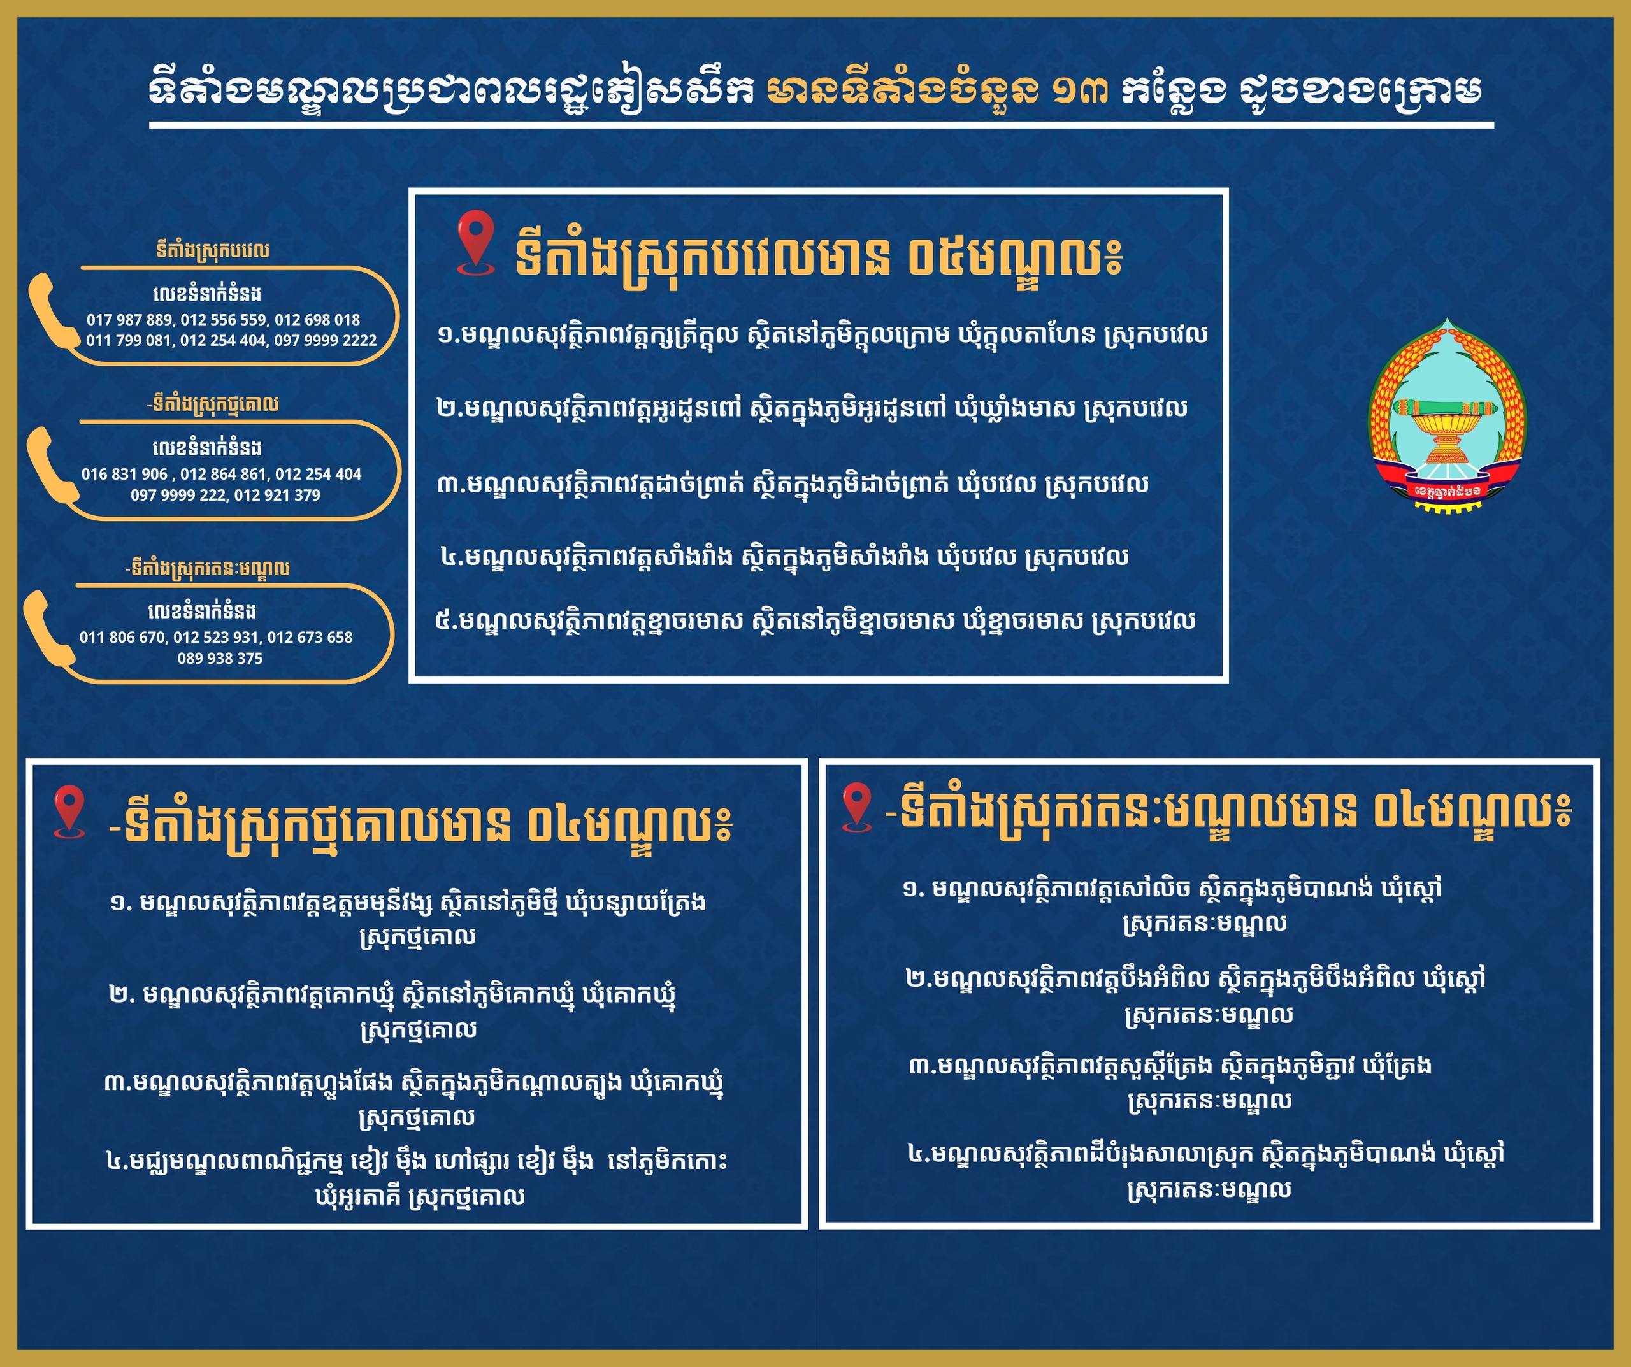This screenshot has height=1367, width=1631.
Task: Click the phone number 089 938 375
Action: (220, 658)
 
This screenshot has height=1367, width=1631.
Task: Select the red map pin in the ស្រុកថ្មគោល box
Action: (69, 812)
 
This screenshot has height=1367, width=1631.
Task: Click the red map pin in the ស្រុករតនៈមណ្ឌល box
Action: (857, 806)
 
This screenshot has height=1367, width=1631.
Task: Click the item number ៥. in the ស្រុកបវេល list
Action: (446, 620)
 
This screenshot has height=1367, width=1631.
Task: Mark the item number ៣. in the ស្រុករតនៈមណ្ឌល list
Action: (923, 1066)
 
